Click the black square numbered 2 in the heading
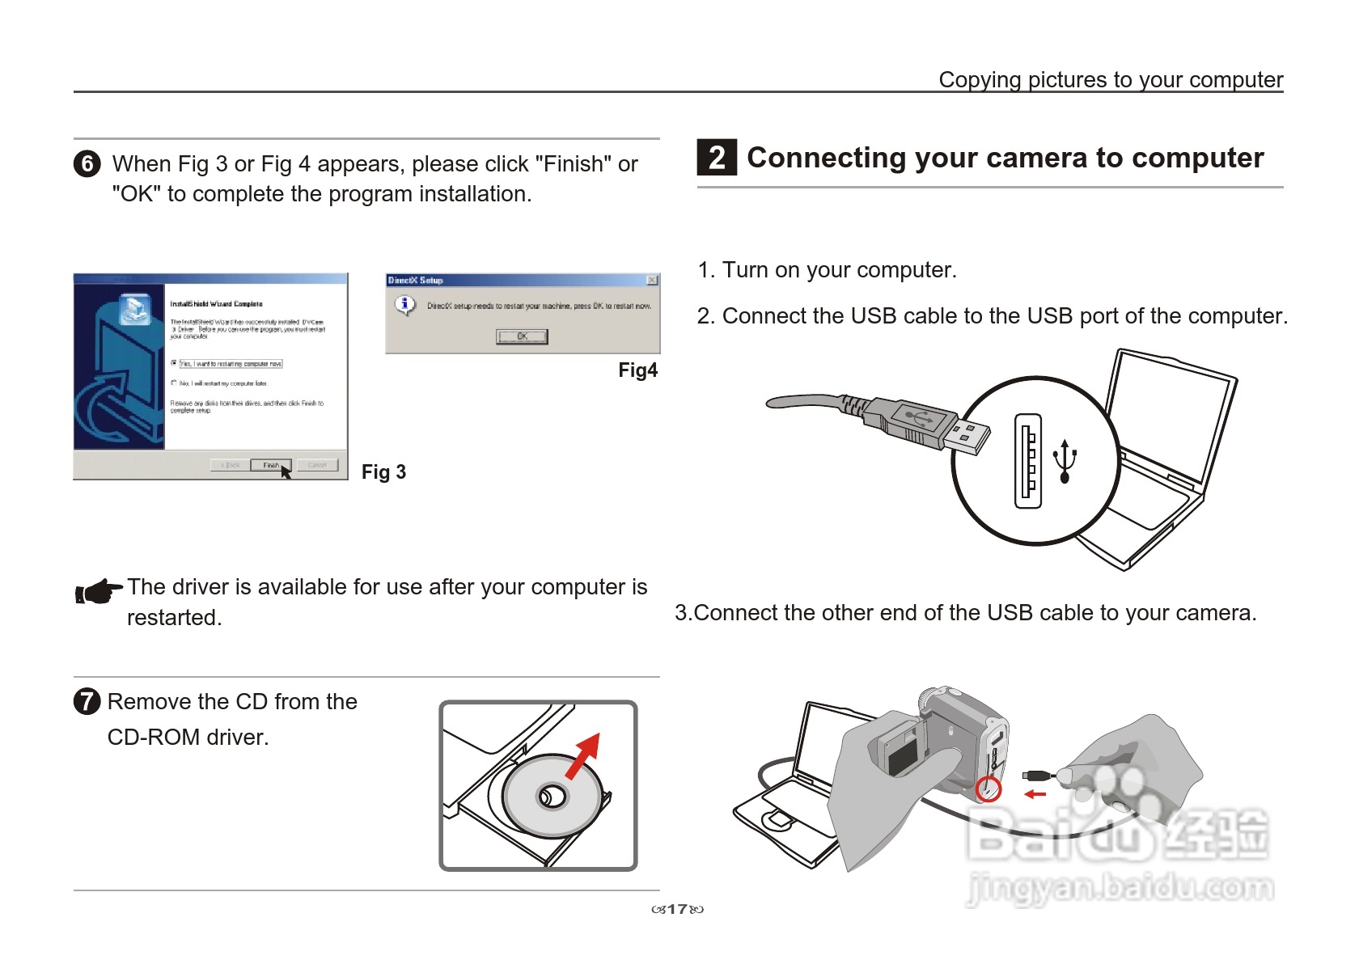(717, 158)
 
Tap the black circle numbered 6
(87, 164)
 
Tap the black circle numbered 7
(87, 701)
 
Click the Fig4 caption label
(637, 370)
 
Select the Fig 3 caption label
(383, 472)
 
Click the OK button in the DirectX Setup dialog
(522, 336)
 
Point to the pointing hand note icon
(98, 592)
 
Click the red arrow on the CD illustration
(584, 754)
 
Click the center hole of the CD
(553, 797)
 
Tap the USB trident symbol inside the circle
(1065, 461)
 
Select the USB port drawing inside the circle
(1028, 461)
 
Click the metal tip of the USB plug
(967, 437)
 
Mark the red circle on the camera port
(988, 789)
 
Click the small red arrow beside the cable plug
(1035, 794)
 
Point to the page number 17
(677, 909)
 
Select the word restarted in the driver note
(173, 618)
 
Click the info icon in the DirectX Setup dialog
(404, 305)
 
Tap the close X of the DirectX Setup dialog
(652, 281)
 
